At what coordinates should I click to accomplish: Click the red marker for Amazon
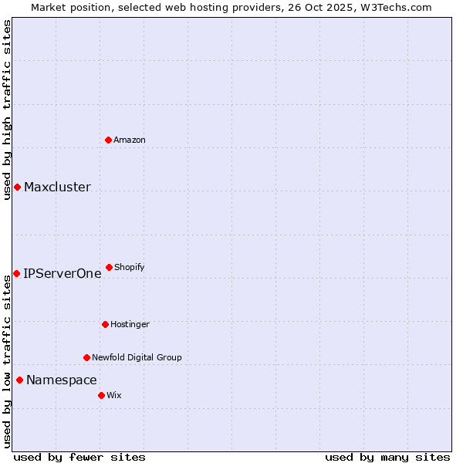109,140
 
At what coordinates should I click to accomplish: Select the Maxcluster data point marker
17,188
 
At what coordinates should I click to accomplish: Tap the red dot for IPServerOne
16,273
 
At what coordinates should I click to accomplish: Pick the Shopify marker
109,267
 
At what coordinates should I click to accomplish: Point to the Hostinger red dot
105,324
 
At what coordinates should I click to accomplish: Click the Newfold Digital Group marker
86,357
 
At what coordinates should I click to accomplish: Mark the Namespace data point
19,380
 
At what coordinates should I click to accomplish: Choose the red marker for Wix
101,395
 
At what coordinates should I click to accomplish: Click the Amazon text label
130,140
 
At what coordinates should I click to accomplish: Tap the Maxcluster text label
57,188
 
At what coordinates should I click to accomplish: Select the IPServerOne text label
62,273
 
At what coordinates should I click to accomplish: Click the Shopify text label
130,267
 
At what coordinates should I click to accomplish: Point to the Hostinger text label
130,324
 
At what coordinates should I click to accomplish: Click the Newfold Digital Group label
137,357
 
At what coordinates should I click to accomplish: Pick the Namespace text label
61,380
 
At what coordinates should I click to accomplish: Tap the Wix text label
114,395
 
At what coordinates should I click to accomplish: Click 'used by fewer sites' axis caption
79,457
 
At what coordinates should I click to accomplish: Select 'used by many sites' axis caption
387,457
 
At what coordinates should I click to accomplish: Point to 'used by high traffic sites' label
7,109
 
